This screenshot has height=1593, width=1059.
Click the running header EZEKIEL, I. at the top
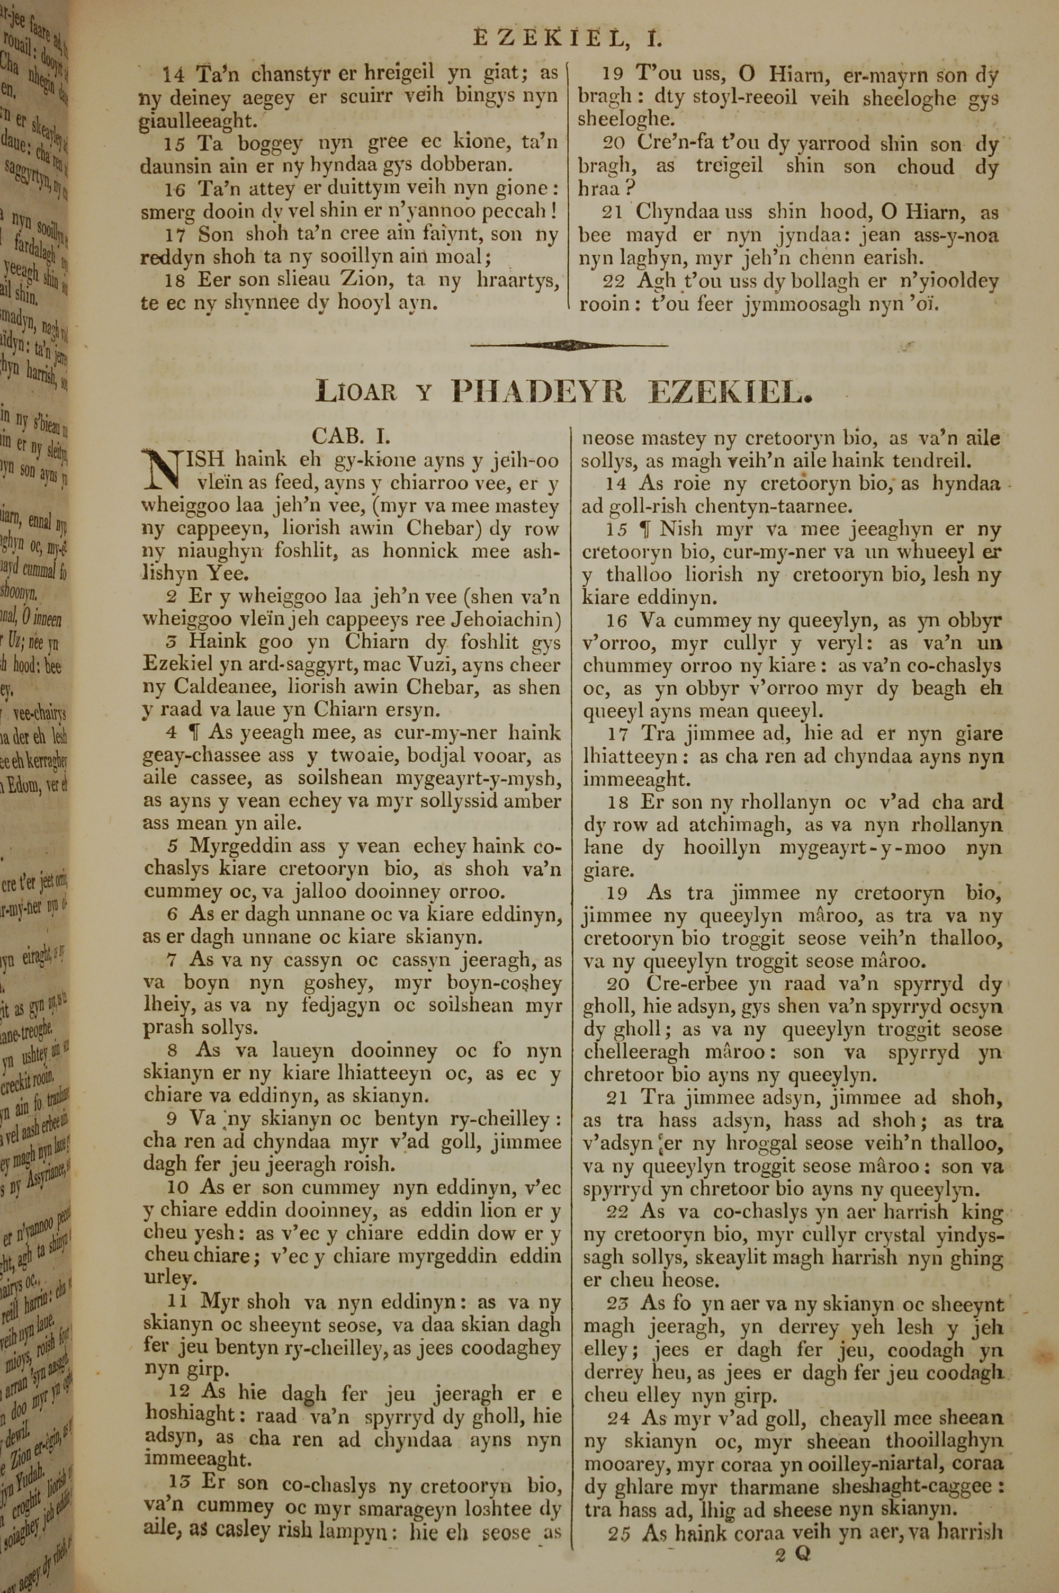pos(567,39)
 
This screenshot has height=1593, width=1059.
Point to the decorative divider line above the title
pos(569,345)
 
